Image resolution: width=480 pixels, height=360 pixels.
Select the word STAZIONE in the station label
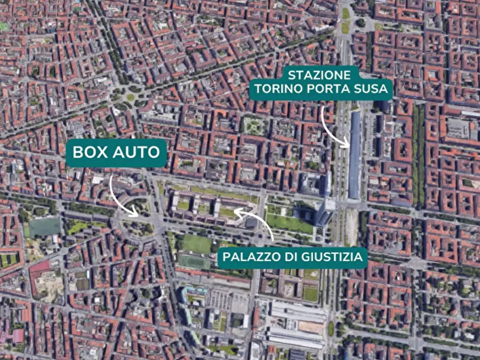(319, 75)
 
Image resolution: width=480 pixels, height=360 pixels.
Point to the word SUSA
(369, 89)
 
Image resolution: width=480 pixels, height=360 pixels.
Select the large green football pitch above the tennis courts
(197, 244)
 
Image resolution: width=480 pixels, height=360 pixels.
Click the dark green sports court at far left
(45, 227)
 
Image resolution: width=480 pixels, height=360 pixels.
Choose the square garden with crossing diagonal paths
(253, 126)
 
